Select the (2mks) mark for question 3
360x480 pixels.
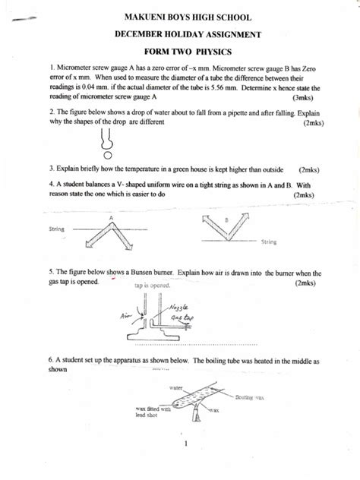click(312, 170)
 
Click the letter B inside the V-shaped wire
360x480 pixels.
click(228, 219)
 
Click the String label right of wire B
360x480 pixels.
click(268, 242)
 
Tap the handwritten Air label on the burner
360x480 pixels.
click(125, 314)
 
